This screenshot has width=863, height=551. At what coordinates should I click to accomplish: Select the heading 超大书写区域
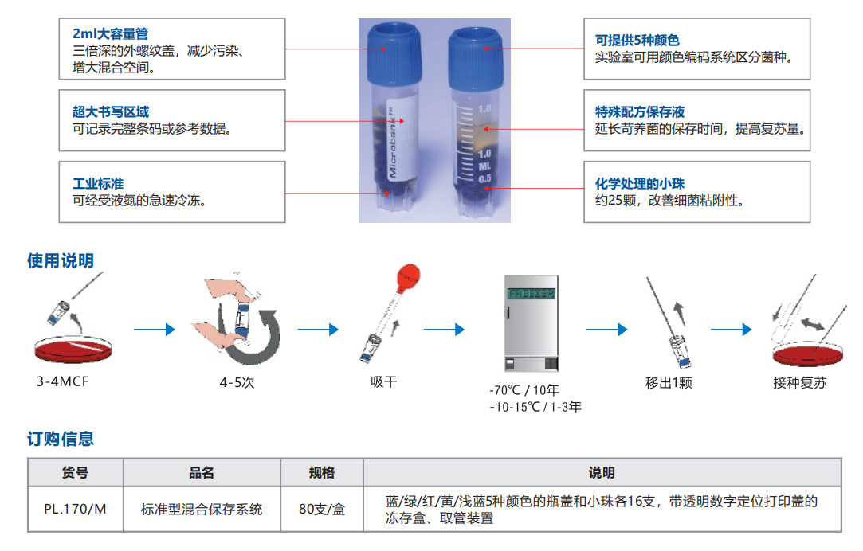click(111, 112)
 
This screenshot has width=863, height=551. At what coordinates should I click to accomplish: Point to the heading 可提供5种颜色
click(637, 41)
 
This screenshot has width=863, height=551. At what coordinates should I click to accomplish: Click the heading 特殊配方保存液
click(640, 112)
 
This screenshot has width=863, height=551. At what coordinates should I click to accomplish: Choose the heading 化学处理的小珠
click(640, 184)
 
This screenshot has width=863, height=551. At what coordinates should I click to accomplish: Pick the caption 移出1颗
click(669, 383)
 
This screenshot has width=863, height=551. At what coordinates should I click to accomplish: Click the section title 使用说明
click(61, 260)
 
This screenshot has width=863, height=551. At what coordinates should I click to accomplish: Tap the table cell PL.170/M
click(75, 509)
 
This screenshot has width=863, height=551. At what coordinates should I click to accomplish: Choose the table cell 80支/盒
click(322, 509)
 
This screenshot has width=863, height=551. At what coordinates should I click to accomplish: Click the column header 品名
click(202, 473)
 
